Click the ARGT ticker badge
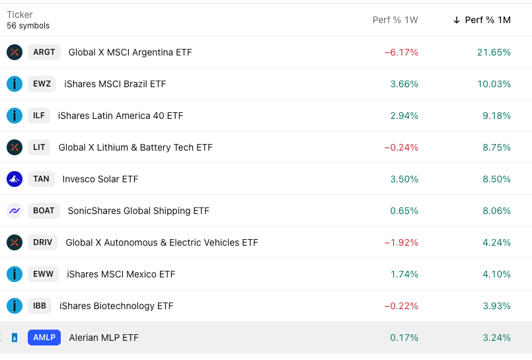coord(44,52)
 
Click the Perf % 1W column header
coord(395,20)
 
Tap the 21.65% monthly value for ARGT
coord(494,52)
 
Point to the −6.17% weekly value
coord(401,52)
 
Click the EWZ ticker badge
coord(42,84)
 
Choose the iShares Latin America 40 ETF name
coord(120,116)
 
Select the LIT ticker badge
coord(39,147)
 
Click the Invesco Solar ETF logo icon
coord(15,179)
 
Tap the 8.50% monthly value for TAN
coord(496,179)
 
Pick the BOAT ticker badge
coord(44,211)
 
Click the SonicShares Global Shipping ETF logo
coord(15,211)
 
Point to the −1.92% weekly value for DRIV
coord(401,242)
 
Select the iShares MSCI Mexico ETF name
coord(121,274)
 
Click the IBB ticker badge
coord(39,306)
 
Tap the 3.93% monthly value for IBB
coord(496,306)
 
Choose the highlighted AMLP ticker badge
coord(44,338)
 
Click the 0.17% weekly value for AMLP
coord(404,338)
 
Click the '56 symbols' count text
coord(28,26)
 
